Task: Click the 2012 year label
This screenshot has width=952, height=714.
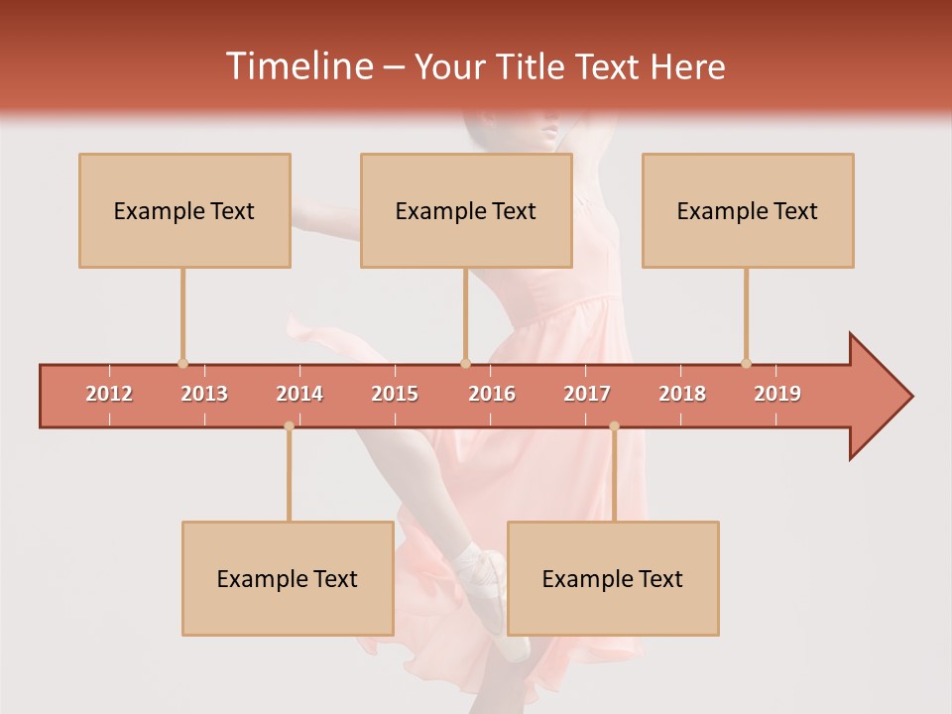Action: coord(109,394)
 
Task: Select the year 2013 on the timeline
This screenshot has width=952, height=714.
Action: coord(204,394)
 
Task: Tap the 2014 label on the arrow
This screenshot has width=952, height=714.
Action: coord(299,394)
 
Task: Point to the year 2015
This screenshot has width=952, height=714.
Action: coord(395,394)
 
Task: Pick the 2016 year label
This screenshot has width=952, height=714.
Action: coord(492,394)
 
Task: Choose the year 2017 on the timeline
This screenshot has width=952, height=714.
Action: coord(587,394)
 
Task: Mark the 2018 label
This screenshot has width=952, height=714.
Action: coord(682,394)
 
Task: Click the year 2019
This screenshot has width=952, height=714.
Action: coord(777,394)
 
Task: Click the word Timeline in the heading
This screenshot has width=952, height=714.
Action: coord(297,66)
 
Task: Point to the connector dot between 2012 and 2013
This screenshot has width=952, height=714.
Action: coord(182,363)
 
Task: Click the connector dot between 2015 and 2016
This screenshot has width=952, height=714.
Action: coord(466,363)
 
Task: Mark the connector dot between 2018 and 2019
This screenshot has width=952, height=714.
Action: coord(747,363)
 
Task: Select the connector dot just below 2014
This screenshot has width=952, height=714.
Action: coord(289,426)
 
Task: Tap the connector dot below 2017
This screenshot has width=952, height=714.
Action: coord(614,426)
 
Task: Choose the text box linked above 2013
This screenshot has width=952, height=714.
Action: coord(184,210)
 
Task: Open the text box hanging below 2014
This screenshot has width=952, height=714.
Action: coord(288,578)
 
